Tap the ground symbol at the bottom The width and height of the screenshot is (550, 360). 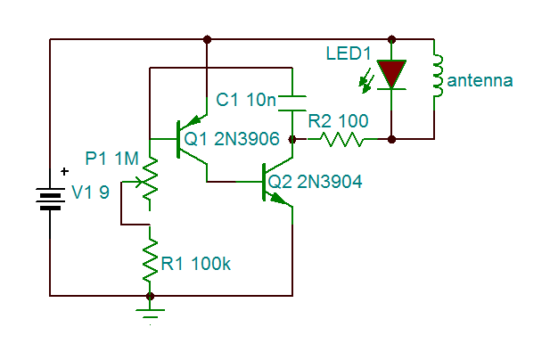(150, 312)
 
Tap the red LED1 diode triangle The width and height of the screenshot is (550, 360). (390, 74)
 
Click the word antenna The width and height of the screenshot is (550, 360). (480, 80)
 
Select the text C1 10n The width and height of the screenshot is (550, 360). (246, 101)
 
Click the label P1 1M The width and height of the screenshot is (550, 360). (111, 159)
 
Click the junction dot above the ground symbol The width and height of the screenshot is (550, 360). (150, 295)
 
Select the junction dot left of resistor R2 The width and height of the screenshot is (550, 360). (292, 139)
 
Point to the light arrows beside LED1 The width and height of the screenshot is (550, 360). (365, 82)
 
